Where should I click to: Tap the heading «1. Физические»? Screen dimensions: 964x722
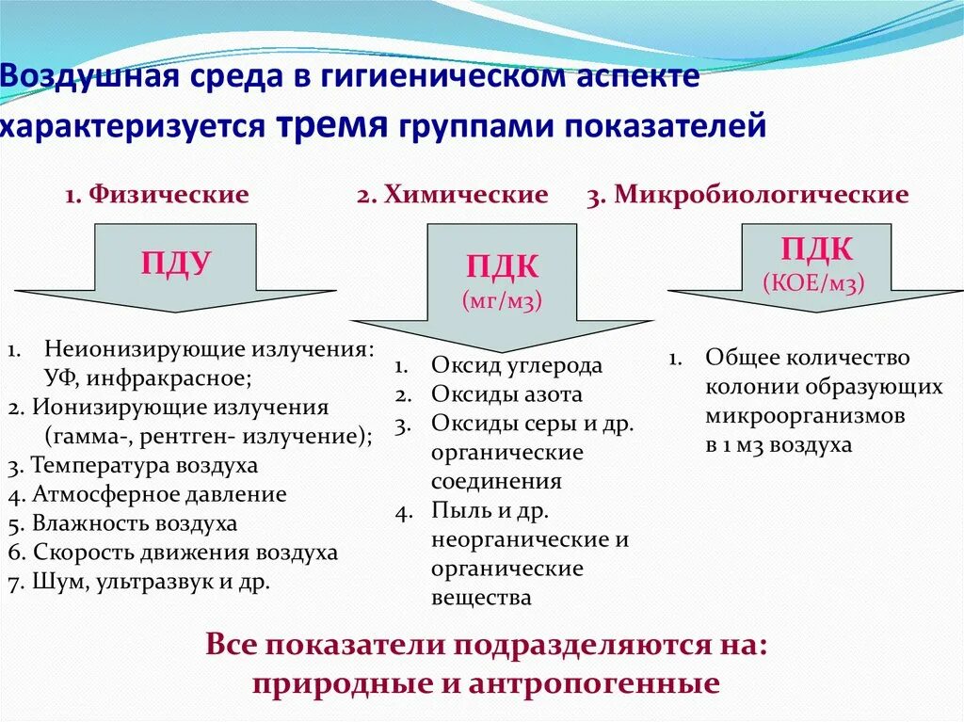click(157, 195)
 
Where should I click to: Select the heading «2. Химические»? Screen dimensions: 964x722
click(452, 195)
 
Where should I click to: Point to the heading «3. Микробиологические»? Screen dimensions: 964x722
click(747, 195)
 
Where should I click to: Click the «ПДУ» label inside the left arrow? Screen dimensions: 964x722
click(176, 263)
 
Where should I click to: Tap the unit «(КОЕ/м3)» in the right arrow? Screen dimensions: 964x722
click(814, 281)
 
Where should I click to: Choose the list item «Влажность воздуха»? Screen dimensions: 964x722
click(134, 523)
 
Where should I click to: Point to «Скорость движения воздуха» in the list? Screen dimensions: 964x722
click(185, 553)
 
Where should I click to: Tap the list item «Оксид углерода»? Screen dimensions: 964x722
click(517, 365)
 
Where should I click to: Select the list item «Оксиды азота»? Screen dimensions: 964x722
click(506, 394)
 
